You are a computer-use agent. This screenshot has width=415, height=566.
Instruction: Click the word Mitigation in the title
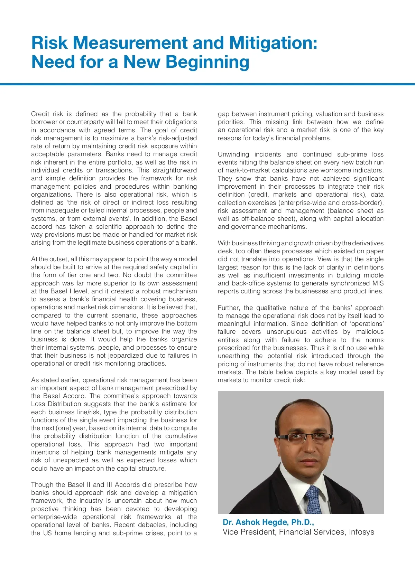tap(273, 43)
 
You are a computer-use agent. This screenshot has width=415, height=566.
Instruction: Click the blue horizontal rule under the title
tap(207, 84)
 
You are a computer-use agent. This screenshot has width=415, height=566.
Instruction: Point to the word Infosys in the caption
tap(361, 532)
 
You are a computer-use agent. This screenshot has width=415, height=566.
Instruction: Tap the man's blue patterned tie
tap(313, 499)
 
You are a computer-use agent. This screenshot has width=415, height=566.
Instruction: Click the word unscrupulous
tap(286, 332)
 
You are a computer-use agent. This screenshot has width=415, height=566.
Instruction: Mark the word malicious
tap(370, 332)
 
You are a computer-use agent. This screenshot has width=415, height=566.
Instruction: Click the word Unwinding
tap(233, 154)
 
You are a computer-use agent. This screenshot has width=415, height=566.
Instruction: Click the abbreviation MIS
tap(377, 283)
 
